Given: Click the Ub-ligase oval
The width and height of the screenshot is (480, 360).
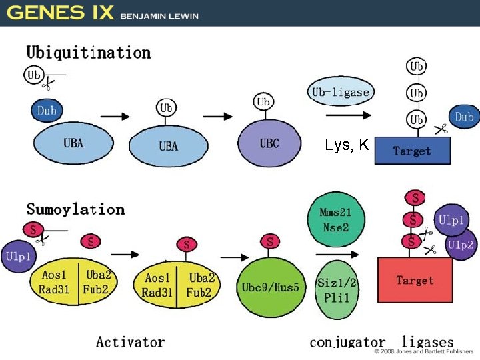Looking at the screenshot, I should click(x=340, y=92).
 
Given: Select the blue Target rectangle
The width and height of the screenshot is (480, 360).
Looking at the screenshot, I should click(x=412, y=151).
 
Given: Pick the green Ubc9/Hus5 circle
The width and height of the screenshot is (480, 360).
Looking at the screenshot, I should click(x=270, y=287).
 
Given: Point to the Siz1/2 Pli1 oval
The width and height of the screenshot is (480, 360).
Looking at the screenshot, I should click(x=337, y=289).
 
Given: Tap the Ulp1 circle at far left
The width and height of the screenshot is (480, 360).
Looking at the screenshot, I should click(x=18, y=256).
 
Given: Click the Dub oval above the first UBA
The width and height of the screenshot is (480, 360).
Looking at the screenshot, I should click(x=47, y=111).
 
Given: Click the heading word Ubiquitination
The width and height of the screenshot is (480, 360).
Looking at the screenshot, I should click(x=88, y=52).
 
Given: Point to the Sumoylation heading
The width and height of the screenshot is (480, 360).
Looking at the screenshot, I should click(x=75, y=209).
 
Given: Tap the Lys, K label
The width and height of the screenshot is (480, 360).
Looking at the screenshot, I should click(x=347, y=145).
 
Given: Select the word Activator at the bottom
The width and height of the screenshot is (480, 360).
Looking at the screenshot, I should click(x=131, y=342).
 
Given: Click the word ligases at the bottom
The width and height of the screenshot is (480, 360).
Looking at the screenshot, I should click(x=428, y=342).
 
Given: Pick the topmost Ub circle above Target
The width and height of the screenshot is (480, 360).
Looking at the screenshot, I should click(x=417, y=66).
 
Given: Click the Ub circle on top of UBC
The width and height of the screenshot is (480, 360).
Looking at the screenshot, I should click(x=263, y=102).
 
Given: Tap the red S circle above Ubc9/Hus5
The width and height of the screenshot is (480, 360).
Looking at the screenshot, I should click(x=269, y=241).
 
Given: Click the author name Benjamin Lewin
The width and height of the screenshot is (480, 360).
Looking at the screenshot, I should click(x=159, y=16).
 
